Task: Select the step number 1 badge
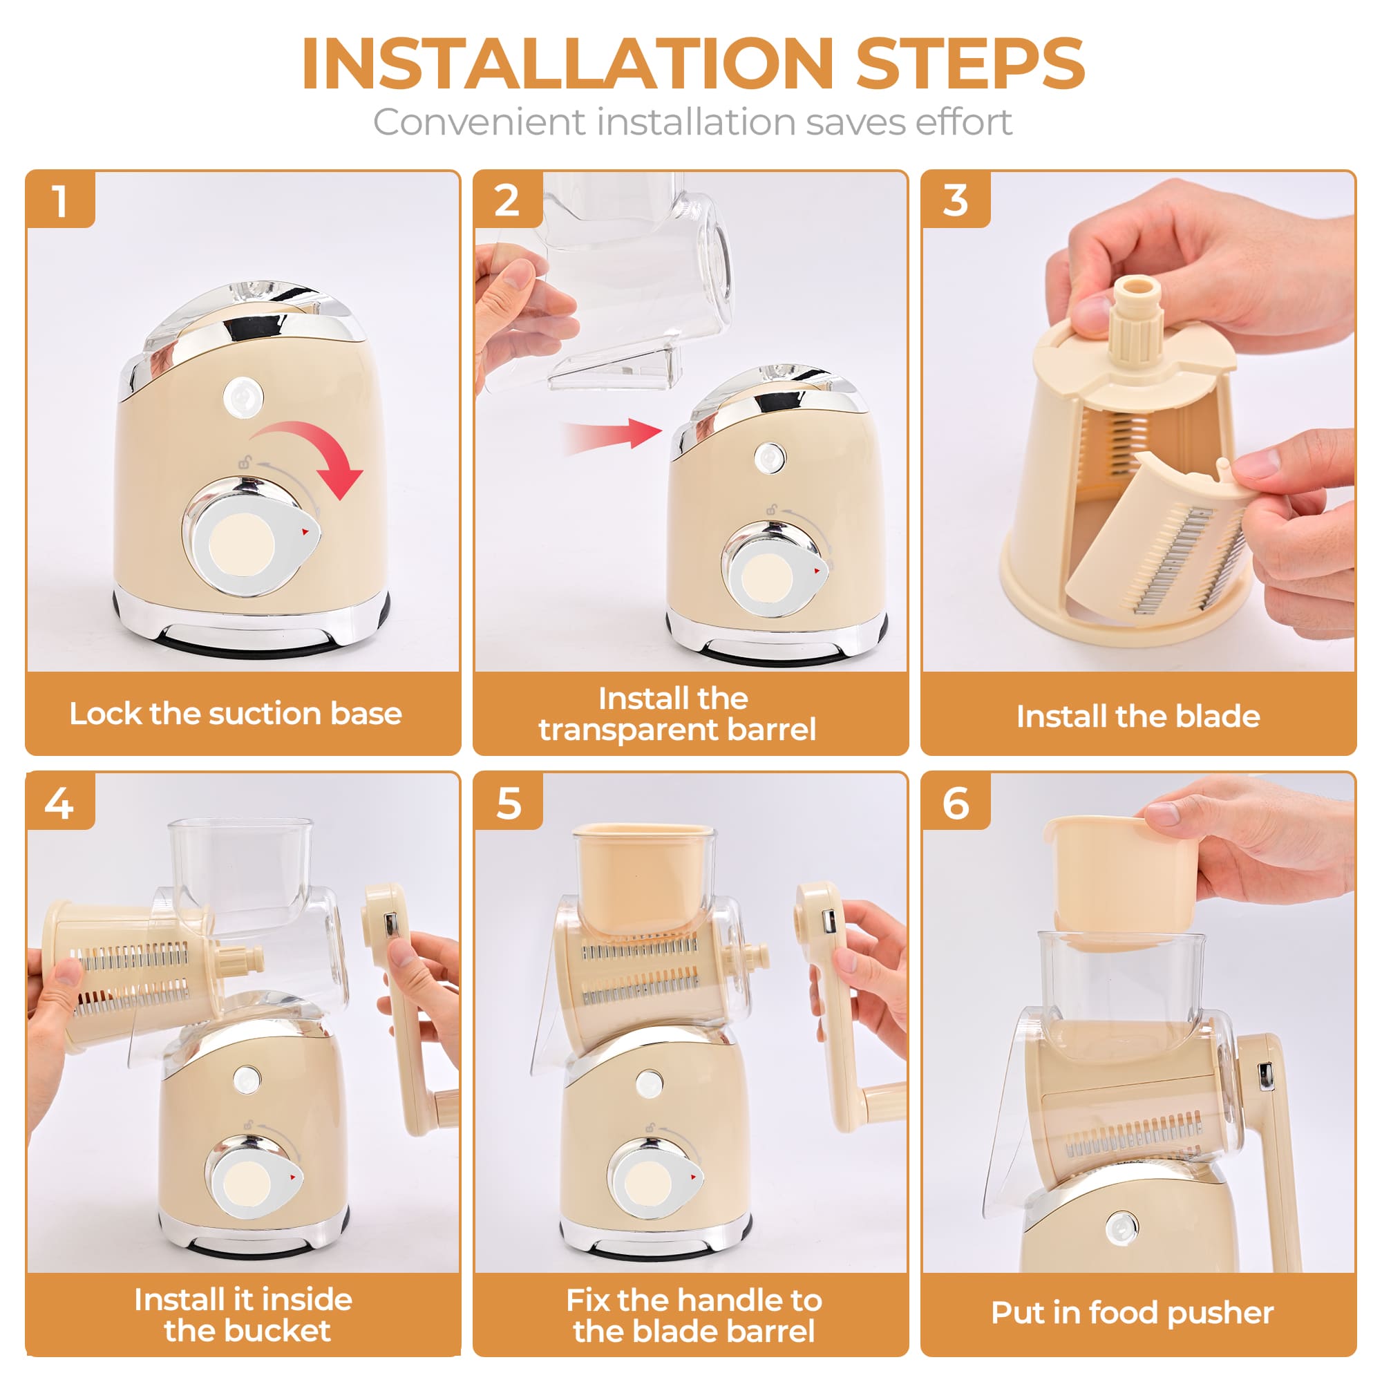61,200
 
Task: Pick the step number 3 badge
955,200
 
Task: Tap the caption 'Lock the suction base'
236,714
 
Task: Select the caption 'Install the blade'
1138,716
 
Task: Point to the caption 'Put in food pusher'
1132,1313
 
